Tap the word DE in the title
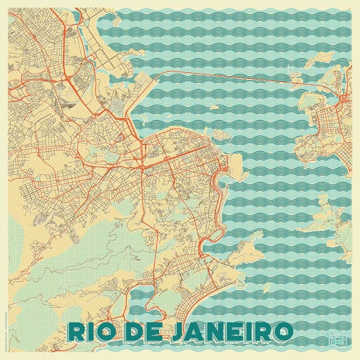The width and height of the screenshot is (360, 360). point(142,332)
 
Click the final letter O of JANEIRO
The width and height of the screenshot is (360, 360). point(283,332)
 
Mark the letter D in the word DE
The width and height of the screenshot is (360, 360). point(133,332)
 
